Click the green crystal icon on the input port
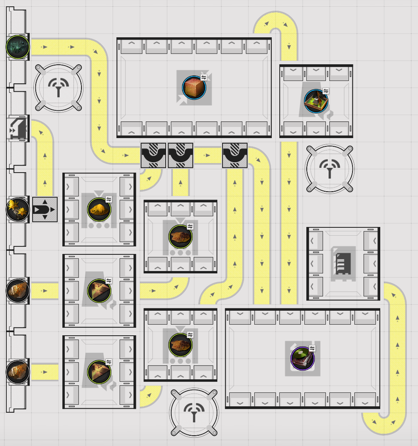(17, 46)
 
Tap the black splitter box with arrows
(45, 209)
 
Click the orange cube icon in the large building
(194, 88)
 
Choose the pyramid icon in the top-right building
(316, 101)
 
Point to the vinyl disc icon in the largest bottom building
(302, 358)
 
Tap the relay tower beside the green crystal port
(58, 88)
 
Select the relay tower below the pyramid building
(329, 169)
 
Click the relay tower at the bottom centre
(194, 413)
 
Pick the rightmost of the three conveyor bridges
(235, 155)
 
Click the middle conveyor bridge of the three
(180, 155)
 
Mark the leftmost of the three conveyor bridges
(153, 155)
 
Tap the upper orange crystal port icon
(17, 290)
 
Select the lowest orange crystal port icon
(17, 372)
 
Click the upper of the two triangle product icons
(99, 290)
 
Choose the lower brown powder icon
(180, 345)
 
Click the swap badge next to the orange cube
(204, 77)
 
